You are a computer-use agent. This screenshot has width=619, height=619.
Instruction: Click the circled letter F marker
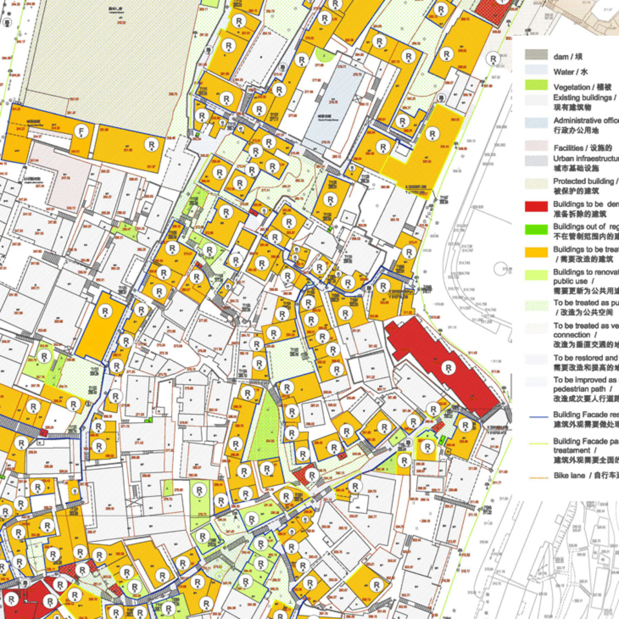82,131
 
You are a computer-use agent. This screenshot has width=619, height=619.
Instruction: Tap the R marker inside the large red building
448,368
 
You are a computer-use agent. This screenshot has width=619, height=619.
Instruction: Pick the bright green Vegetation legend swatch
536,85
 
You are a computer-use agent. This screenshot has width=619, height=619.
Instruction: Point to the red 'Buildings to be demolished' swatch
536,206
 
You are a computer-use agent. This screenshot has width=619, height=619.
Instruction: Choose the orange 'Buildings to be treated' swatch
536,252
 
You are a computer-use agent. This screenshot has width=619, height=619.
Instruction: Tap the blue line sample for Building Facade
539,417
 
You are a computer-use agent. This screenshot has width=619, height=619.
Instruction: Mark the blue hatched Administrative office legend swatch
536,123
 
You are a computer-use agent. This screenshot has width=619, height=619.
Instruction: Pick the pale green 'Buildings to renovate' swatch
536,275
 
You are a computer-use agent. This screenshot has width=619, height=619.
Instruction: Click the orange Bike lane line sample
539,478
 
